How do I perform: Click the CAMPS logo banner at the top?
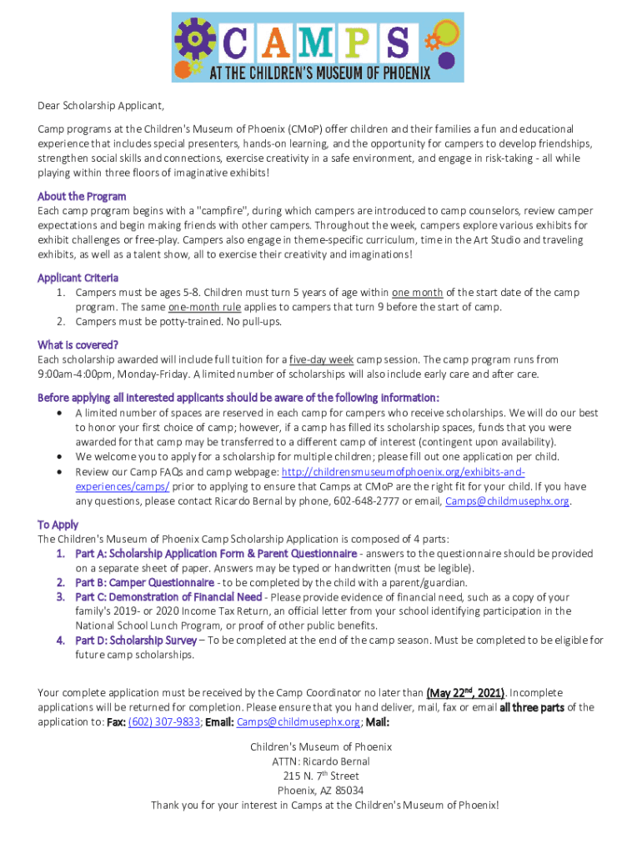[317, 47]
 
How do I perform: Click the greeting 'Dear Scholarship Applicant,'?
[101, 106]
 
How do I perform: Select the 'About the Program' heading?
[82, 197]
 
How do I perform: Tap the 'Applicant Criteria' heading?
[78, 278]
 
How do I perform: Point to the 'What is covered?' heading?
[78, 345]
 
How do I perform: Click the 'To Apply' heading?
[58, 525]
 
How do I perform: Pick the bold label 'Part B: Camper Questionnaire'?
[144, 582]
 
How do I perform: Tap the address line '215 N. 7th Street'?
[321, 776]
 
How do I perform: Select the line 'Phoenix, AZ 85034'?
[321, 791]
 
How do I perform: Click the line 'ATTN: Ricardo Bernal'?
[321, 761]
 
